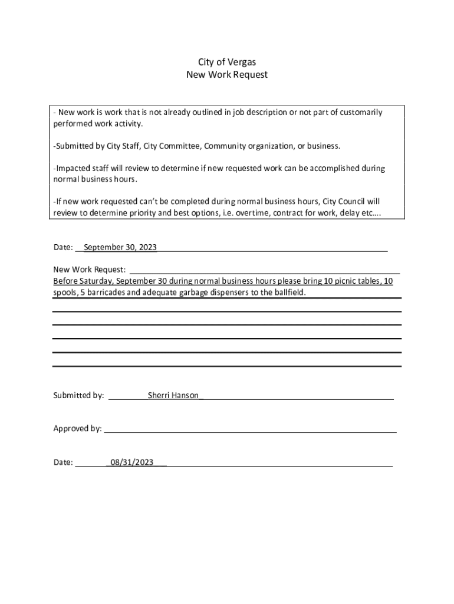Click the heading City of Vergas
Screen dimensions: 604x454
[x=226, y=62]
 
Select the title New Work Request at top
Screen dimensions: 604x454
[x=226, y=75]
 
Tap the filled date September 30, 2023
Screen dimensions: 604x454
[x=120, y=247]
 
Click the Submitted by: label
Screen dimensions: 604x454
[x=79, y=395]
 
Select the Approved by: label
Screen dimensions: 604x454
[x=77, y=429]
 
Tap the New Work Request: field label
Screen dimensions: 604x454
[x=90, y=270]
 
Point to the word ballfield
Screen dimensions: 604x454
[x=289, y=293]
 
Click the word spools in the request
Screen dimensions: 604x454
[x=65, y=293]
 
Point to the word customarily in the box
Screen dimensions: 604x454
[x=360, y=112]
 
